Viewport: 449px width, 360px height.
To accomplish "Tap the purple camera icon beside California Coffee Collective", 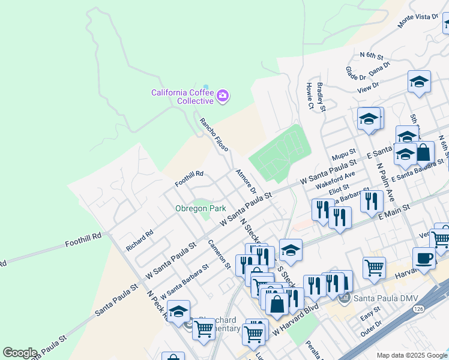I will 223,96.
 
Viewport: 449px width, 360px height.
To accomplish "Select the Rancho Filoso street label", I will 214,134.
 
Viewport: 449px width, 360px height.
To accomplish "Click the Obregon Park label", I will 200,208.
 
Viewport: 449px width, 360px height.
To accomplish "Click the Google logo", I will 20,353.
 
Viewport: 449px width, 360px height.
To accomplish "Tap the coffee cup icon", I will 425,259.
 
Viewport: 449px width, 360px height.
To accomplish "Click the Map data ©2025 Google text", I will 412,355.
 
